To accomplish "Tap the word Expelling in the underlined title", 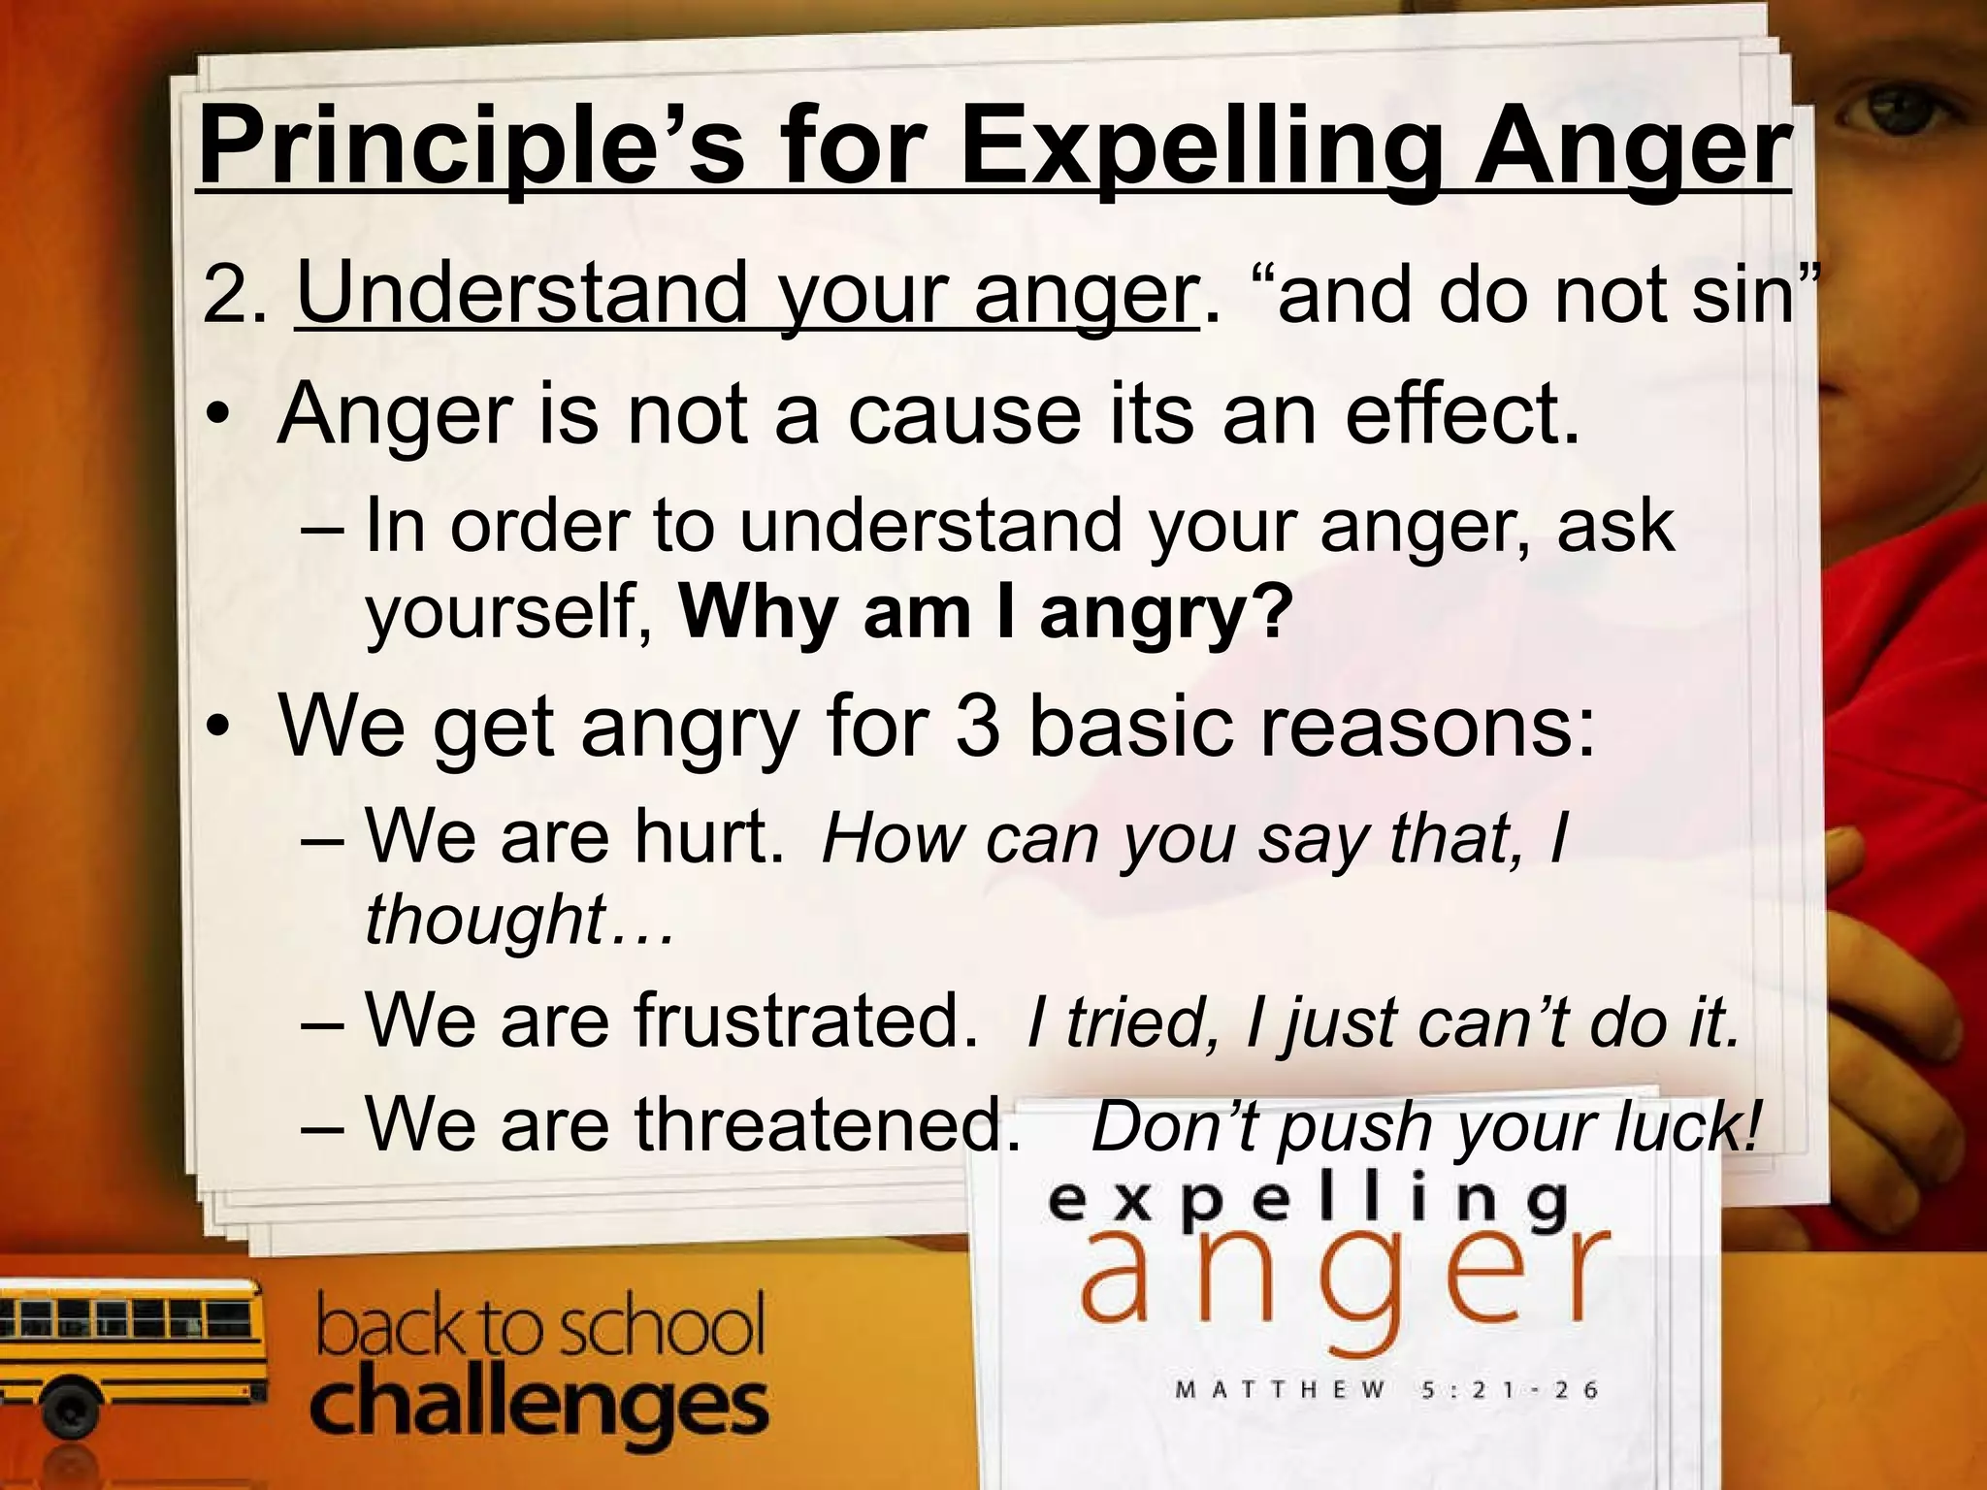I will click(x=1203, y=147).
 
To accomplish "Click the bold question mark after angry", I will click(x=1271, y=611).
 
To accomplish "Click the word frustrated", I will click(x=805, y=1020).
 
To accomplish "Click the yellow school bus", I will click(x=126, y=1348).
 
